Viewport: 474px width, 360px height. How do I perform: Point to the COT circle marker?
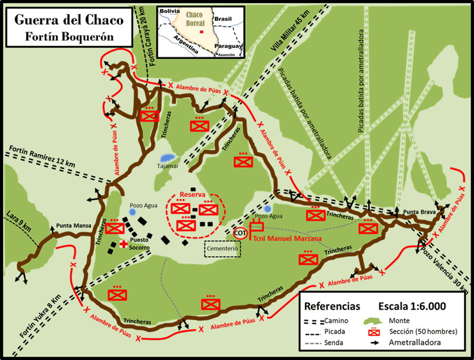(x=240, y=232)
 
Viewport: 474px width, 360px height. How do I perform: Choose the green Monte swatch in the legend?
(x=376, y=320)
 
